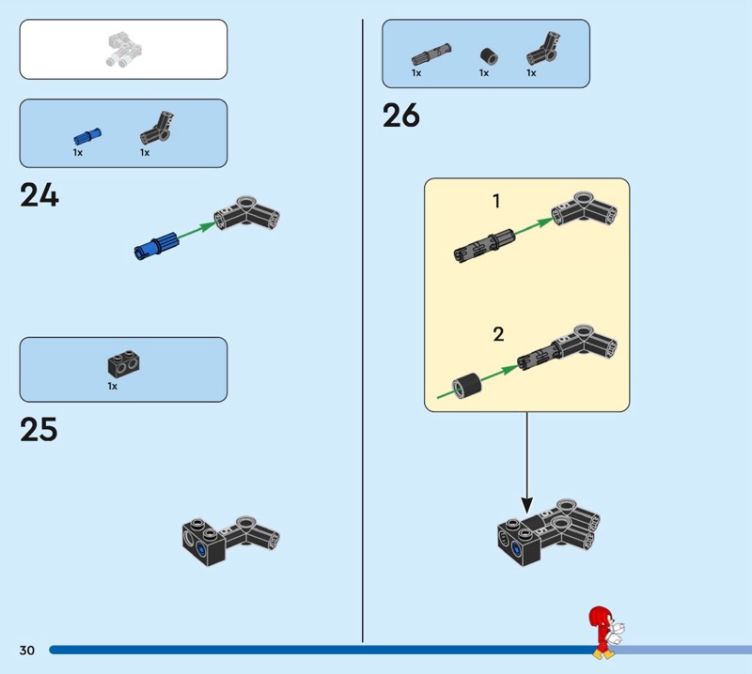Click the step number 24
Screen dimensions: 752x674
pos(39,195)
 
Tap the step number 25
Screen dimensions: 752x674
pos(39,429)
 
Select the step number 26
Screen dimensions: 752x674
pos(401,115)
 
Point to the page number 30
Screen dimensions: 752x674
pos(27,650)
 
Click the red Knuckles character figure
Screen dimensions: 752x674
pos(605,633)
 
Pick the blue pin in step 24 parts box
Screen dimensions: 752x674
pos(87,136)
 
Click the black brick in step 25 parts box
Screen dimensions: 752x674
pos(124,363)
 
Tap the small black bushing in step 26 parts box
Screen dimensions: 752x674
pos(489,56)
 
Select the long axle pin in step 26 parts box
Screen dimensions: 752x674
pos(431,54)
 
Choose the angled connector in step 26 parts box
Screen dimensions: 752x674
pos(543,49)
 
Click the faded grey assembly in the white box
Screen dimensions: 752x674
pos(124,49)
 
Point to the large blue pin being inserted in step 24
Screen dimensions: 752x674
pos(156,245)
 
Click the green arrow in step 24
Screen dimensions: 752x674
pos(196,229)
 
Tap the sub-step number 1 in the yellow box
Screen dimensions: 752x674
pos(496,201)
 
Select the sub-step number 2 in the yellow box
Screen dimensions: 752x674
pos(498,334)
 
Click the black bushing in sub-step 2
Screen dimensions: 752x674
pos(466,386)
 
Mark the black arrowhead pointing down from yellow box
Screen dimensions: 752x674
pos(526,505)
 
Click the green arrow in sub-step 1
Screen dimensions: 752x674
pos(534,226)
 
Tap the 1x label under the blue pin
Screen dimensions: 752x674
pos(78,153)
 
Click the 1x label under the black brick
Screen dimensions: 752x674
pos(112,386)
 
